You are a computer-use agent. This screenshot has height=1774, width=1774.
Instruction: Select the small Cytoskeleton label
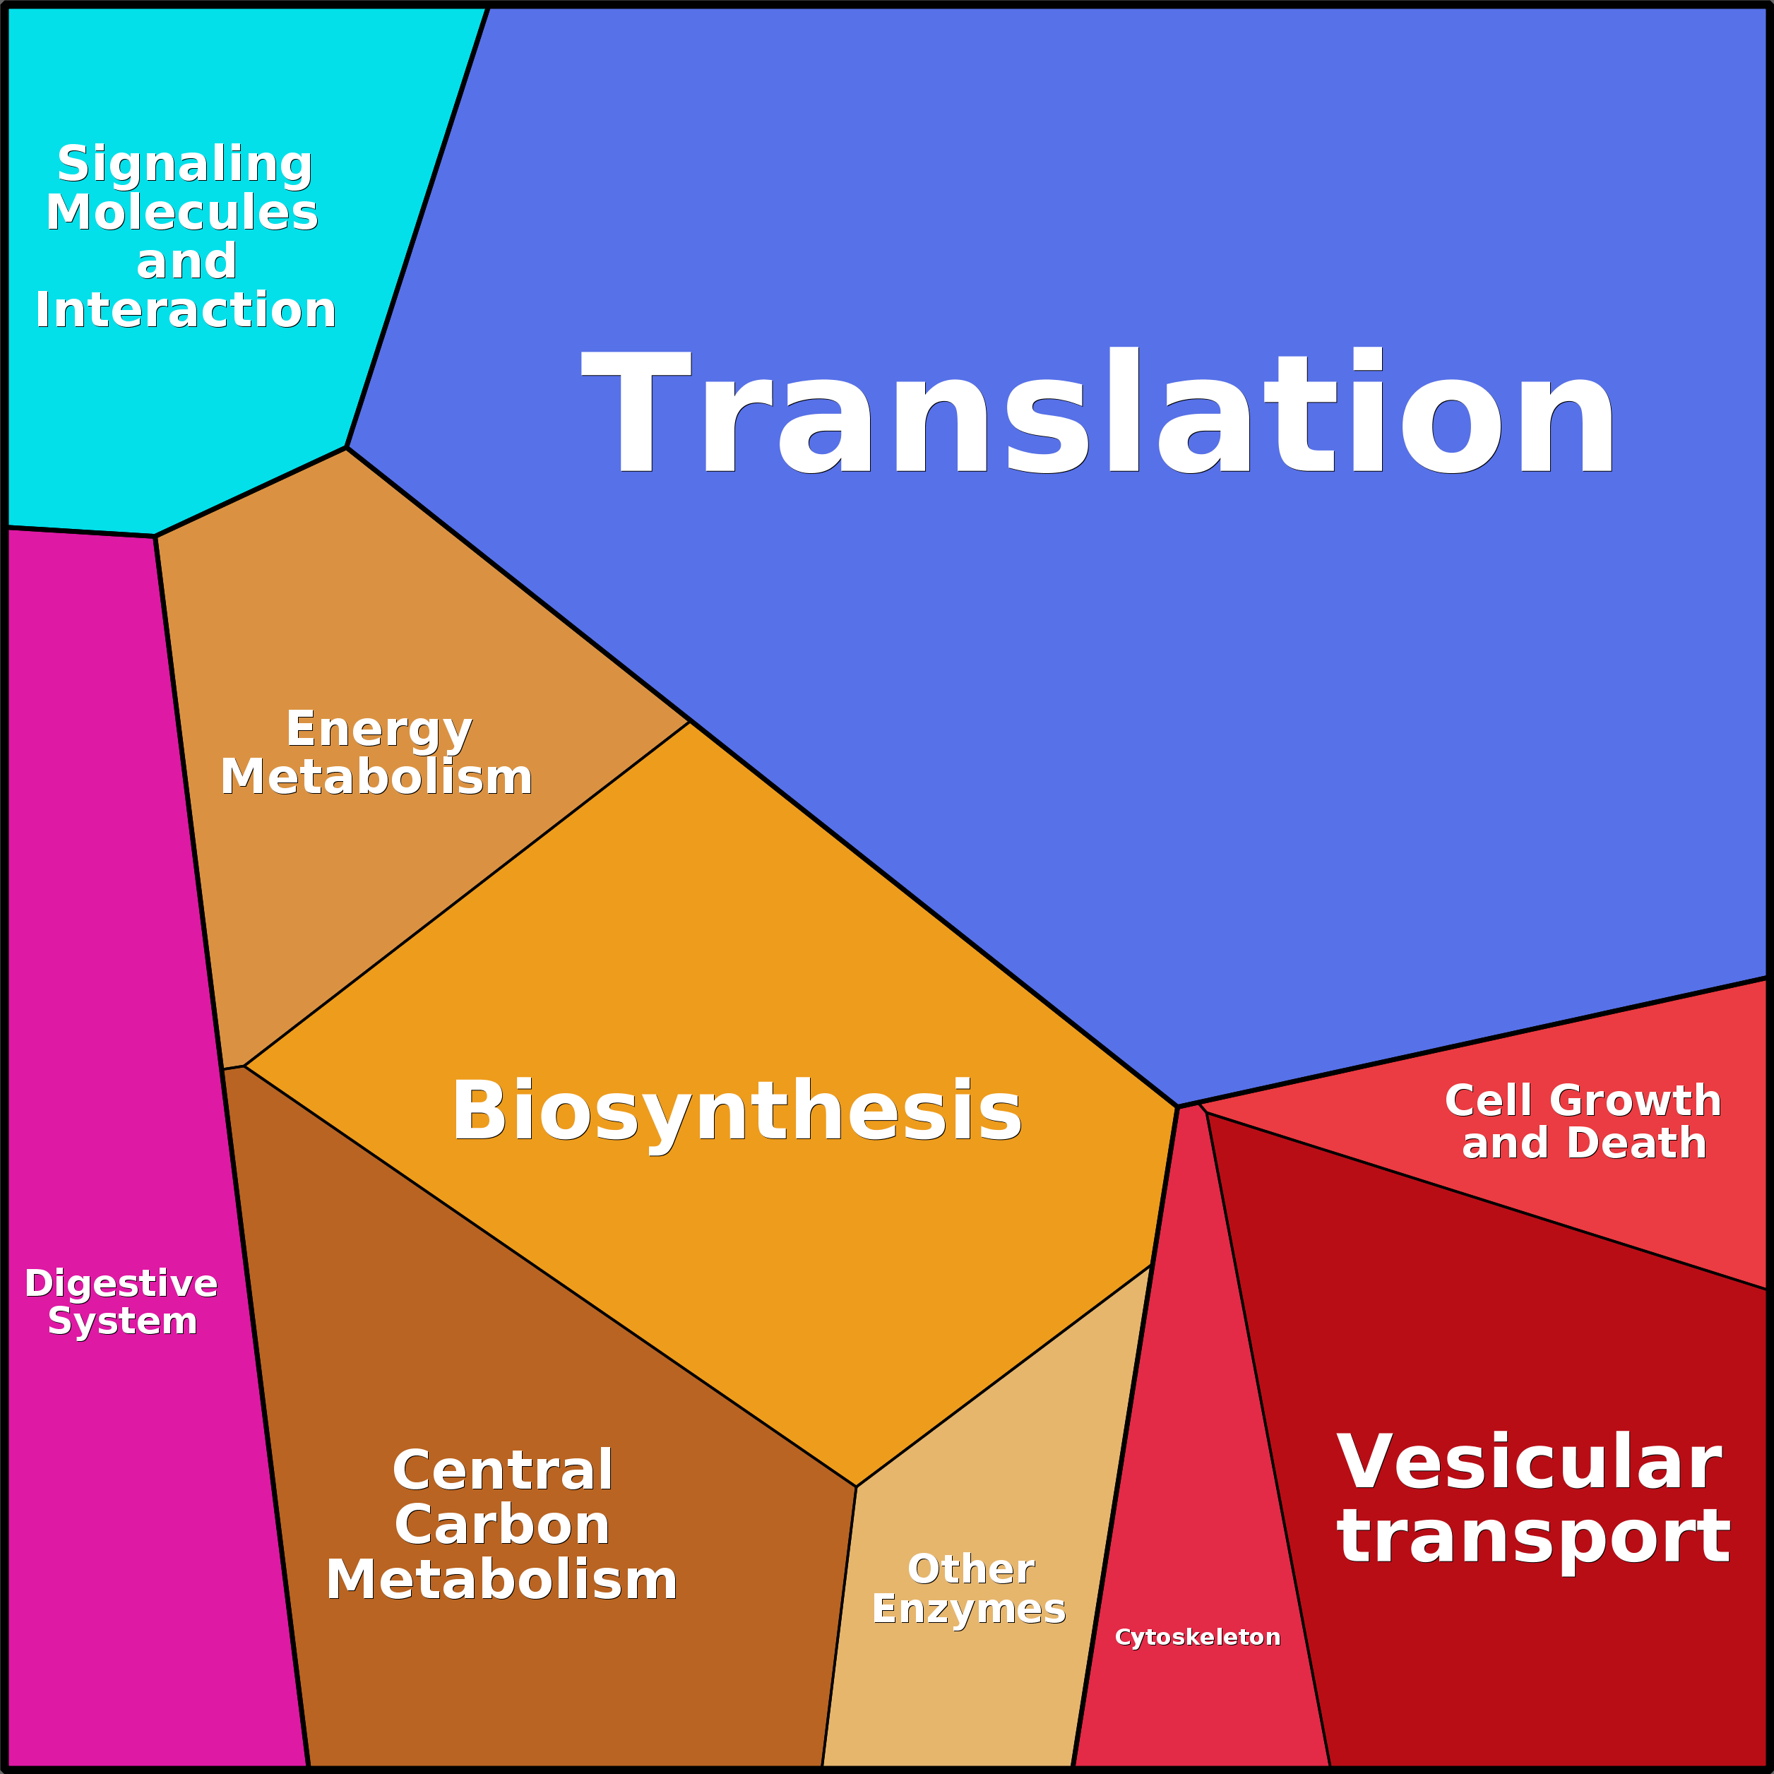coord(1197,1637)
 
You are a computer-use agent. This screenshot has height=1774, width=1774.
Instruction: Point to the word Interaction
coord(186,309)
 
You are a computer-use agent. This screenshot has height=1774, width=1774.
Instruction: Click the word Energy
coord(379,730)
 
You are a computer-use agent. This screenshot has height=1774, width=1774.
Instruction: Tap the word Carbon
coord(502,1525)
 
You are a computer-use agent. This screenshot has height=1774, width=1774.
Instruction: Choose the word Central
coord(502,1470)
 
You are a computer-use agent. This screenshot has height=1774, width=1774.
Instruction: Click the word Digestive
coord(121,1284)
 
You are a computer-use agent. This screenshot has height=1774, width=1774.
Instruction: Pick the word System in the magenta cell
coord(122,1321)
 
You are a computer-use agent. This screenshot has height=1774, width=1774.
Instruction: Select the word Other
coord(970,1569)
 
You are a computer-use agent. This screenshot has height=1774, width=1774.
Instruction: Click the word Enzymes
coord(969,1609)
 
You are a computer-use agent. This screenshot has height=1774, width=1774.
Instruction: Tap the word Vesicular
coord(1529,1463)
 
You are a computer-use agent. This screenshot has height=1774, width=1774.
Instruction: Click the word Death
coord(1636,1143)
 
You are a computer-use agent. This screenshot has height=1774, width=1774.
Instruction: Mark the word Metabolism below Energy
coord(376,777)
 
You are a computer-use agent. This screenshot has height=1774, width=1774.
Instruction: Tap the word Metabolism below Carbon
coord(501,1580)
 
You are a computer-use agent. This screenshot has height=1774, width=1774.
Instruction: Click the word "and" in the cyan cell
coord(186,262)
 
